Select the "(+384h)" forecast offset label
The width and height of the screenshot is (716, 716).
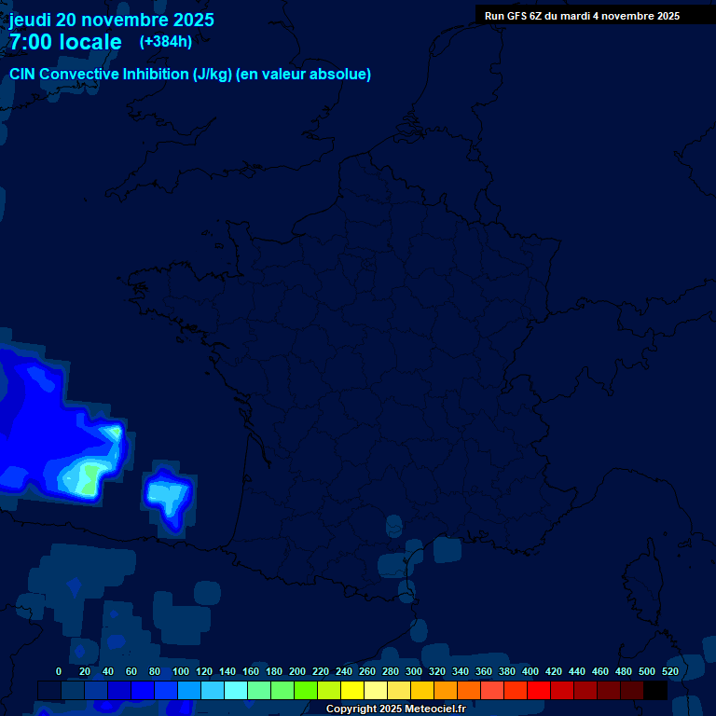pos(166,41)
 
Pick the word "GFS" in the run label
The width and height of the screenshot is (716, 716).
pos(517,16)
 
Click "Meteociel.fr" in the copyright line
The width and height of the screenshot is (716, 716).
pos(434,709)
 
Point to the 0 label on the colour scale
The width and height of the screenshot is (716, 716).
pos(59,671)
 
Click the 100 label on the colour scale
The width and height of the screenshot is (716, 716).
pos(181,671)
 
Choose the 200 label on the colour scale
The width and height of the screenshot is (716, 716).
pos(297,671)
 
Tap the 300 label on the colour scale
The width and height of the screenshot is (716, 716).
pos(414,671)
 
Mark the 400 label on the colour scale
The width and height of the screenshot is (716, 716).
pos(530,671)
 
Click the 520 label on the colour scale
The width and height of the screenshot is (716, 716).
pos(670,671)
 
